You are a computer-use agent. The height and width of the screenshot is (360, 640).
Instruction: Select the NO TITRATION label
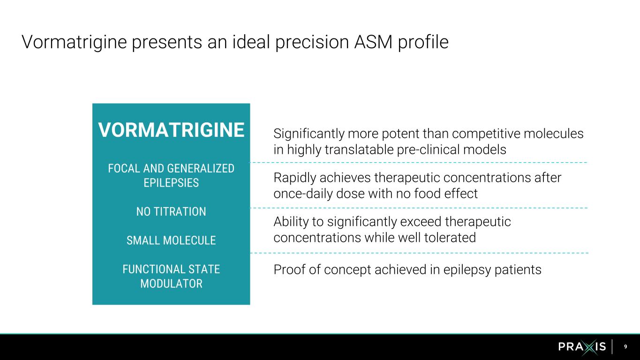pyautogui.click(x=171, y=212)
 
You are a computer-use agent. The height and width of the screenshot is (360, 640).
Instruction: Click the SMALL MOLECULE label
pyautogui.click(x=171, y=240)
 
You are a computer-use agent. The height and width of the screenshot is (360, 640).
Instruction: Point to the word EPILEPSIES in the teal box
pyautogui.click(x=171, y=183)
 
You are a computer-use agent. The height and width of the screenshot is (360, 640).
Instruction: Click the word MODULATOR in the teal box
pyautogui.click(x=171, y=284)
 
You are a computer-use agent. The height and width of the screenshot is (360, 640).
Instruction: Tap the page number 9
pyautogui.click(x=625, y=347)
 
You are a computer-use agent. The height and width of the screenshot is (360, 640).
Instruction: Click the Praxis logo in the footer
pyautogui.click(x=582, y=347)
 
